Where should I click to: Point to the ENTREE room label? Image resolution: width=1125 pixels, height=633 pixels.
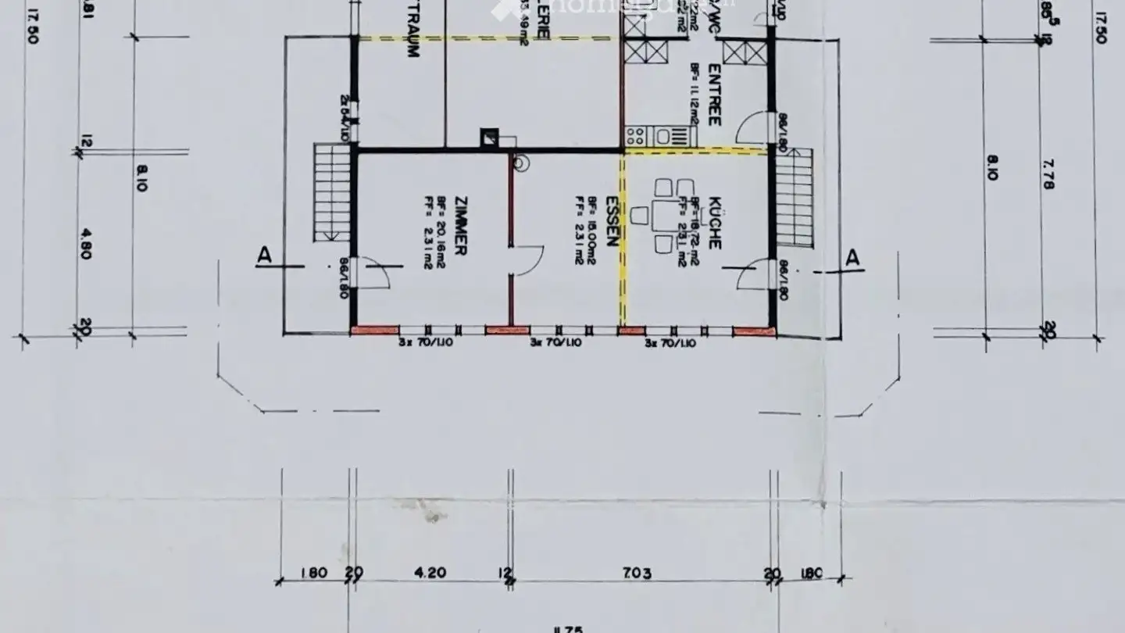click(714, 95)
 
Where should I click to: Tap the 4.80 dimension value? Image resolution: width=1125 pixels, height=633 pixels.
click(85, 243)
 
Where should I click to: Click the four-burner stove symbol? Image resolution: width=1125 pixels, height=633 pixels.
click(635, 137)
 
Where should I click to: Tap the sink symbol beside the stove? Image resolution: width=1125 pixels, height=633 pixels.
click(663, 137)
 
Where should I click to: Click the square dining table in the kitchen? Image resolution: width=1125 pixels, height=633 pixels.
click(666, 216)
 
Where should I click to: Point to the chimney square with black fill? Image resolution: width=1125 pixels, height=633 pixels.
click(490, 137)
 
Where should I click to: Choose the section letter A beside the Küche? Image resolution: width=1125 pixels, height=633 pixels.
click(853, 257)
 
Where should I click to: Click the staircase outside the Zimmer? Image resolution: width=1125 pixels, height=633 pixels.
click(331, 191)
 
